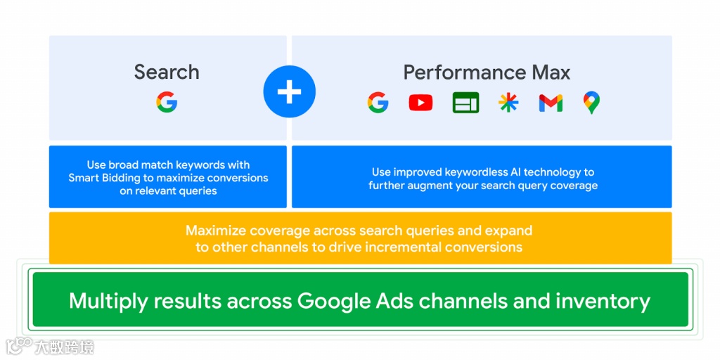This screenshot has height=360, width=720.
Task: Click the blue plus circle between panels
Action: [x=289, y=92]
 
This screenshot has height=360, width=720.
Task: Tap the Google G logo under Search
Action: [x=167, y=103]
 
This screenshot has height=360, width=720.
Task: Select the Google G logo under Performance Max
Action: [x=378, y=103]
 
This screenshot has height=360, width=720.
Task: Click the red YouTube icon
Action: [x=420, y=103]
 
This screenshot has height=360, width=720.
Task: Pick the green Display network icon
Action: [x=465, y=103]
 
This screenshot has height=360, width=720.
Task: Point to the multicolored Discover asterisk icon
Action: [x=508, y=103]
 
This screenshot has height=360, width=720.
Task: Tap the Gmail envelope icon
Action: [x=551, y=103]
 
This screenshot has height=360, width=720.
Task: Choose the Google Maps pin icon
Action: [x=591, y=103]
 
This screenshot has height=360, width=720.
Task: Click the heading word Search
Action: [x=167, y=72]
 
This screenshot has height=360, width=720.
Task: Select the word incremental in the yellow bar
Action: [x=424, y=247]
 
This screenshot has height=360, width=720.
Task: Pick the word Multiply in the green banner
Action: [x=108, y=301]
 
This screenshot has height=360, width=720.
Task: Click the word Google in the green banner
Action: [x=333, y=301]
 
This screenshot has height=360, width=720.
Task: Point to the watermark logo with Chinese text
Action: [x=49, y=346]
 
